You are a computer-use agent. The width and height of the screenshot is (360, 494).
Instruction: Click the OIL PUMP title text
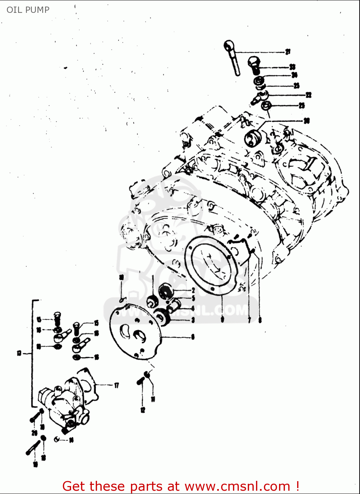click(28, 10)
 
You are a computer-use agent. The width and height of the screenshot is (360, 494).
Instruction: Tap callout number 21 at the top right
click(288, 52)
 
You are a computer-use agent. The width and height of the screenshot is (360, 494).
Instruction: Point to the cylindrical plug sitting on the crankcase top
click(252, 137)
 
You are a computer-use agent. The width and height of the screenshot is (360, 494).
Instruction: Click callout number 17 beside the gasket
click(116, 385)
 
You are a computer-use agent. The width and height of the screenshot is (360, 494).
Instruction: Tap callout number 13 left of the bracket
click(19, 353)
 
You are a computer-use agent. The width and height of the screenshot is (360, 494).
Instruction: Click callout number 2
click(193, 290)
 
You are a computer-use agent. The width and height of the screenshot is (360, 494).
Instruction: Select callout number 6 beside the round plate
click(193, 337)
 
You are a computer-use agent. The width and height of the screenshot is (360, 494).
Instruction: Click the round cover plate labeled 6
click(135, 333)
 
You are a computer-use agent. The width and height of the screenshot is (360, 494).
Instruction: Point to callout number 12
click(142, 410)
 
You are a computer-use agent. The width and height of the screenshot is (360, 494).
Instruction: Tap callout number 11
click(153, 399)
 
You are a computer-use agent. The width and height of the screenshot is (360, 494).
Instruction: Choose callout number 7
click(249, 320)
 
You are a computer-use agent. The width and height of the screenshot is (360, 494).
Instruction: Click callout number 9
click(222, 319)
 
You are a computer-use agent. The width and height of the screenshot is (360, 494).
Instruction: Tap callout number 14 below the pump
click(71, 440)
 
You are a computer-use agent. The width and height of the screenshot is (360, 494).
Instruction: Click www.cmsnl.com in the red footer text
click(237, 486)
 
